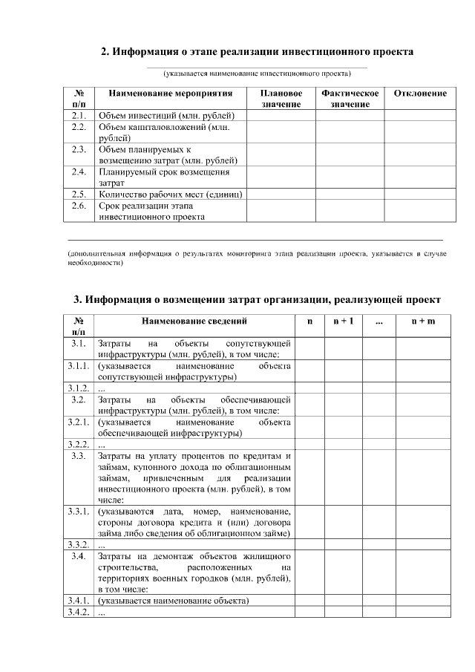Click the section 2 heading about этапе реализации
tap(257, 51)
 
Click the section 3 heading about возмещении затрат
tap(257, 299)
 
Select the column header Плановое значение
tap(281, 99)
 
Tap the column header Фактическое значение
tap(350, 99)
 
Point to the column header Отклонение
tap(420, 94)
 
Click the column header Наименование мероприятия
tap(171, 94)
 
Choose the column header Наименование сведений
tap(194, 321)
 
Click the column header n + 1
tap(343, 321)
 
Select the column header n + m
tap(423, 321)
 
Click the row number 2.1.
tap(79, 116)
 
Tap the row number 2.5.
tap(79, 195)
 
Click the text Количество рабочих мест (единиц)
tap(171, 195)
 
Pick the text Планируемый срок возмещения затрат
tap(164, 177)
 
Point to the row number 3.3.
tap(79, 456)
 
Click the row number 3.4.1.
tap(79, 600)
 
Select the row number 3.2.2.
tap(79, 444)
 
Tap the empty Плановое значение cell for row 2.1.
tap(281, 116)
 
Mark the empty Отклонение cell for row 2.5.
tap(420, 195)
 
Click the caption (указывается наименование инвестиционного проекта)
tap(257, 74)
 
